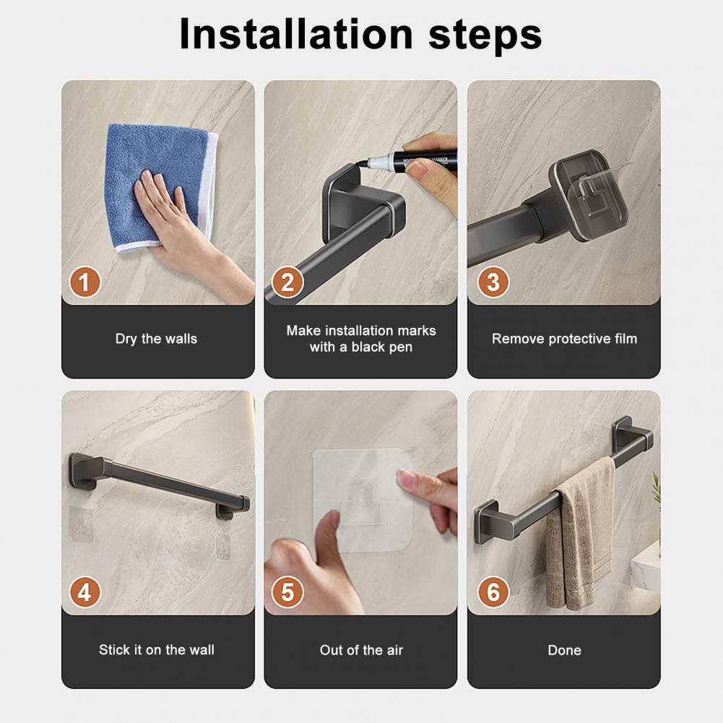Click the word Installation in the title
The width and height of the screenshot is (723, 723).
295,34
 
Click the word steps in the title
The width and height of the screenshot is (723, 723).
485,36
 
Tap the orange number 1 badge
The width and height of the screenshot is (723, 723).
85,282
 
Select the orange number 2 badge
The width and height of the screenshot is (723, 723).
287,282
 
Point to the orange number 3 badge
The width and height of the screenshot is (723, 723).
493,282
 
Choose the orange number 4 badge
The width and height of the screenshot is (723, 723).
85,592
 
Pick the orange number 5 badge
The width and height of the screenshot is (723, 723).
287,592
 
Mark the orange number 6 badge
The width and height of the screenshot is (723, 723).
493,592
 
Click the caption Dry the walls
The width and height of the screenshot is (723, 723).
156,339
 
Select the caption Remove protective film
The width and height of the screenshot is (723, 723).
564,339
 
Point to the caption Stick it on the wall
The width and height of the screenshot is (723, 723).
156,649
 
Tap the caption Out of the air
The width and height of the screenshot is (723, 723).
361,650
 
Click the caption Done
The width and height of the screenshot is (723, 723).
564,650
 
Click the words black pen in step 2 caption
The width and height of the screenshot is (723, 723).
382,347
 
